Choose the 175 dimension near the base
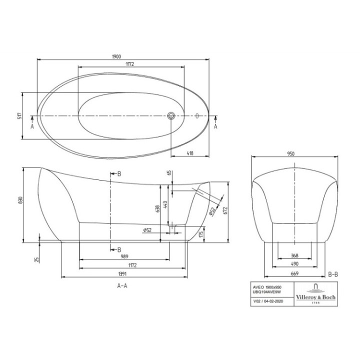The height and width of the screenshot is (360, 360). (201, 233)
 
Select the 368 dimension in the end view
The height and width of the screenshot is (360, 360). (294, 256)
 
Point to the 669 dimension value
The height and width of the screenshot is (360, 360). (294, 274)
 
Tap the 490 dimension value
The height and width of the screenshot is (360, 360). (294, 265)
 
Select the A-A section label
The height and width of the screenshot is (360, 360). (121, 286)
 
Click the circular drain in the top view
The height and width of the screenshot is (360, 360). (171, 116)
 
